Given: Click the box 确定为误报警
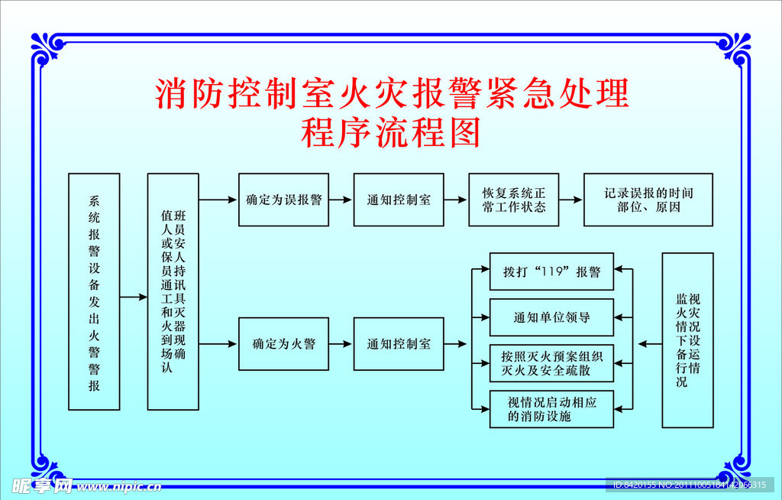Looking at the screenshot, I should point(283,200).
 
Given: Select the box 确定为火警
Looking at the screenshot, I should point(283,344).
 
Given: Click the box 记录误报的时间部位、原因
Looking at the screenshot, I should point(648,200).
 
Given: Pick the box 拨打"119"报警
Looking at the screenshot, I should point(551,271).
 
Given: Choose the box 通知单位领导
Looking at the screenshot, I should point(551,317).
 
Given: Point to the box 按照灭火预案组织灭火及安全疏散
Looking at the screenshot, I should point(551,363).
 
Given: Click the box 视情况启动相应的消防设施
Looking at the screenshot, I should point(551,409).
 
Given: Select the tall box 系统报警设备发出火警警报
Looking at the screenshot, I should point(94,291).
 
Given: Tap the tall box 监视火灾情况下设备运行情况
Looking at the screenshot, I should point(687,339).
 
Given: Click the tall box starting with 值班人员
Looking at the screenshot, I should point(173,291).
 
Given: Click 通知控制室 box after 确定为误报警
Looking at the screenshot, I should point(399,200).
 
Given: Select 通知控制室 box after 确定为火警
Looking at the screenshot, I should point(399,344).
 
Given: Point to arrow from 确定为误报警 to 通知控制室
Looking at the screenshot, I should point(341,200).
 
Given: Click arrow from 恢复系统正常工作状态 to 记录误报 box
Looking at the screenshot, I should point(570,200).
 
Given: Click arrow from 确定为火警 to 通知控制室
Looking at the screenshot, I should point(341,344).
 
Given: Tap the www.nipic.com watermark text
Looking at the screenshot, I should point(119,486).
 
